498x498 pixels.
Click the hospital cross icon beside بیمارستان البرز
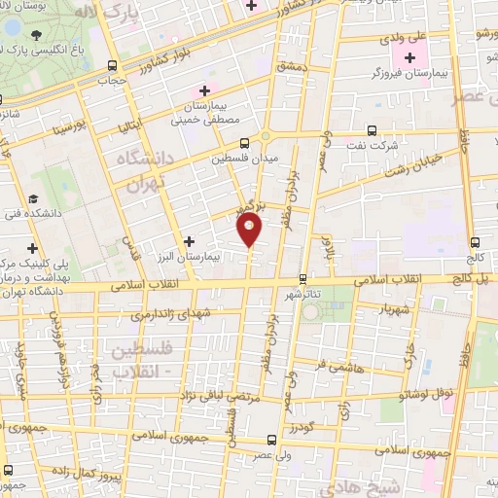pos(189,239)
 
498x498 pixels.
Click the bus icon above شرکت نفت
pos(372,129)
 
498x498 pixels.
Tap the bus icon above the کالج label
pos(475,243)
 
